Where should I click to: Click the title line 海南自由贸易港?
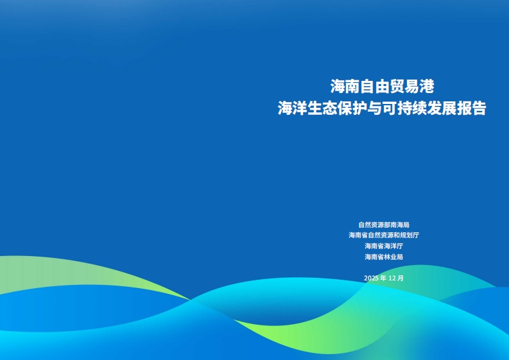pos(382,87)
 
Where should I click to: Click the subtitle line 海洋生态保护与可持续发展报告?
pos(382,108)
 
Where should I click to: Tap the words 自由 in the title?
pos(375,87)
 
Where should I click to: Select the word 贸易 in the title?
pos(404,87)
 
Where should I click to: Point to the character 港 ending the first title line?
pos(427,87)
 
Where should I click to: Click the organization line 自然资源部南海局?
pos(384,225)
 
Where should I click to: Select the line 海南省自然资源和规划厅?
pos(384,235)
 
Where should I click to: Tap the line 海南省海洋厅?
pos(384,246)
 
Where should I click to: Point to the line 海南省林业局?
pos(384,257)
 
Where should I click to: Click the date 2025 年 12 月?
pos(384,279)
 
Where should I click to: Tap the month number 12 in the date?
pos(392,279)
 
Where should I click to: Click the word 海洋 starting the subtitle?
pos(293,108)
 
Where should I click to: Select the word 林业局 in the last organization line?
pos(393,257)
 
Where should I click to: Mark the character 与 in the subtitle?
pos(375,108)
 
